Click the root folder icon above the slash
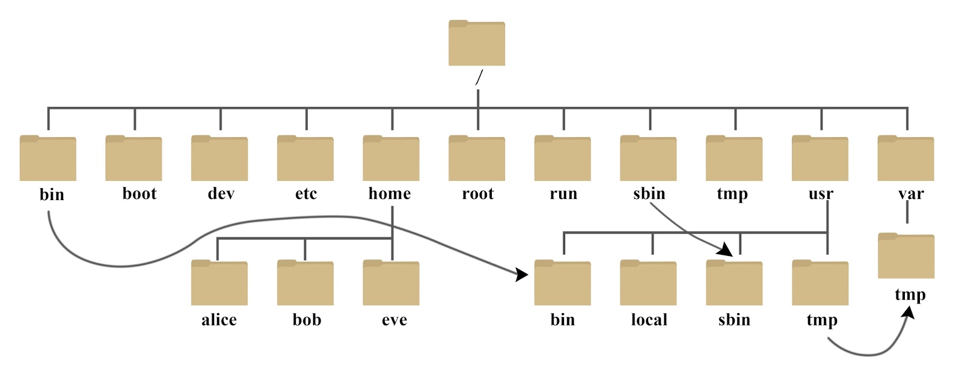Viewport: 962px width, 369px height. [x=476, y=43]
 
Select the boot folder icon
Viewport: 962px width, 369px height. [x=133, y=158]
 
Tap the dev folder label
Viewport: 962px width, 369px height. [x=221, y=194]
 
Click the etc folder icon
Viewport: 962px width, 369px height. [x=305, y=158]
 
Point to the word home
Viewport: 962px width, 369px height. [x=390, y=194]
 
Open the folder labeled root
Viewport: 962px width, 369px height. [x=476, y=158]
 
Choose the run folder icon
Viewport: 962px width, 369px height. [x=562, y=158]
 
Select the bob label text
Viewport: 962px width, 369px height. [x=307, y=320]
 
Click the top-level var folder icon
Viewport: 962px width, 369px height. [x=905, y=158]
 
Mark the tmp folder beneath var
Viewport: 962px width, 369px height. [x=905, y=256]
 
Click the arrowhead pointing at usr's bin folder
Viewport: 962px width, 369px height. [x=521, y=275]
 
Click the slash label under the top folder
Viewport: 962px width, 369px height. [x=479, y=78]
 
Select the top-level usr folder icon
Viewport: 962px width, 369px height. [x=820, y=158]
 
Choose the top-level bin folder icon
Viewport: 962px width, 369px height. [x=47, y=158]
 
